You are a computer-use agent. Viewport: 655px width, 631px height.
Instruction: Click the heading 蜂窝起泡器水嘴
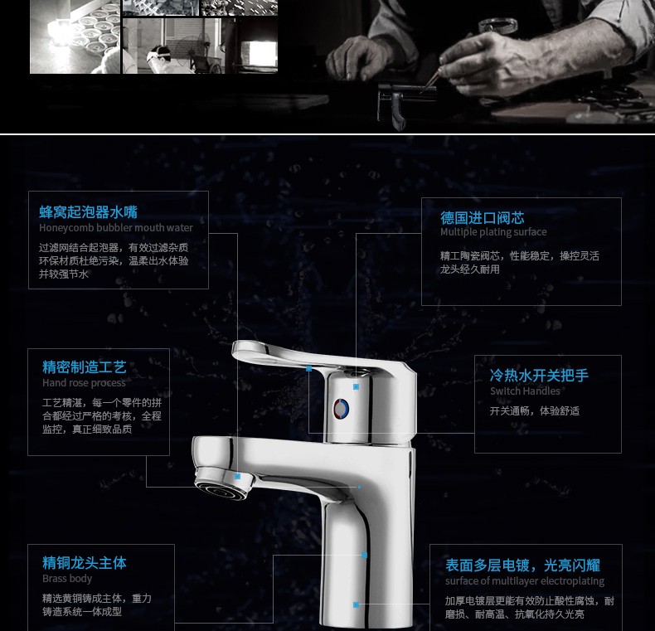[88, 212]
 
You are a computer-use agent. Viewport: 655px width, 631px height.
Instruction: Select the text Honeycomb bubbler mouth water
[116, 228]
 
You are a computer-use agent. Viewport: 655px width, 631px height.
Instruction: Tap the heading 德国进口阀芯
[482, 218]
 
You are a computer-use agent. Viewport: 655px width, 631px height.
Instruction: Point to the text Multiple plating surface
[493, 232]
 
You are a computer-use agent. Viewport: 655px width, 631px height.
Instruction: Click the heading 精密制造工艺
[84, 366]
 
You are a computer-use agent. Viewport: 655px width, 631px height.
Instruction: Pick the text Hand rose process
[84, 383]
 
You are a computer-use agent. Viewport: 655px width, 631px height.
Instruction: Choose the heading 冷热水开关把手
[539, 376]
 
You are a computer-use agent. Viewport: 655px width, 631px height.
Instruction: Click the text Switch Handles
[525, 391]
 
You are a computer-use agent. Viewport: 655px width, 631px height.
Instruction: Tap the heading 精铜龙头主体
[84, 563]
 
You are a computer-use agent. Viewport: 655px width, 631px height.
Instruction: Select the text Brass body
[67, 578]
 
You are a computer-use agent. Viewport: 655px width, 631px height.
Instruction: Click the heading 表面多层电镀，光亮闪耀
[522, 565]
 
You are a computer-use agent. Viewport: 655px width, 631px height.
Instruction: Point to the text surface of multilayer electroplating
[525, 581]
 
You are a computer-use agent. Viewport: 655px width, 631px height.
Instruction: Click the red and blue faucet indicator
[341, 409]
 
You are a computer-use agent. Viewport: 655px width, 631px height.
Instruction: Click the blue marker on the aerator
[237, 477]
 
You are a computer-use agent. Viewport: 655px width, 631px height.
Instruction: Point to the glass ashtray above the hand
[497, 26]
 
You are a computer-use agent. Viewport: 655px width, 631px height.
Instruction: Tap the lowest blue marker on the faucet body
[356, 604]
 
